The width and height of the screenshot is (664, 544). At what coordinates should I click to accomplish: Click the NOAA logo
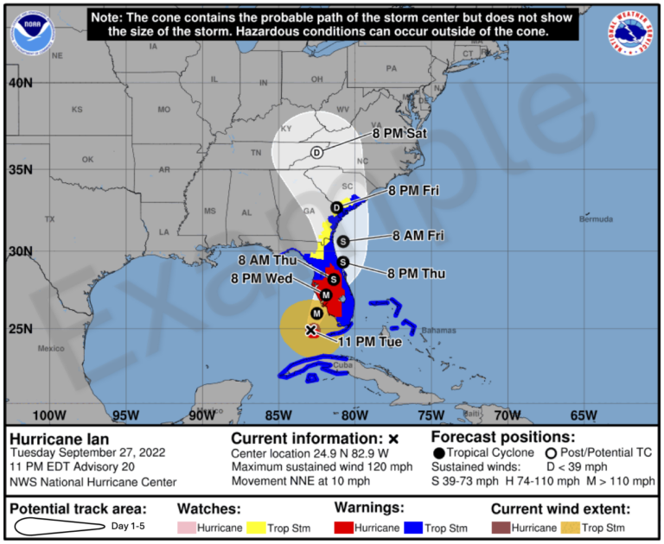tap(29, 30)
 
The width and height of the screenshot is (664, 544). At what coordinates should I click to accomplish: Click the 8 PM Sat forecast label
tap(399, 135)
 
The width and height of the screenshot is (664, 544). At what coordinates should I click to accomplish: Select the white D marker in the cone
tap(316, 153)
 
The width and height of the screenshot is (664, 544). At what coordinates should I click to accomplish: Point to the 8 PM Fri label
tap(414, 190)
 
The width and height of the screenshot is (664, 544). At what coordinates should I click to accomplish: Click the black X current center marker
tap(311, 330)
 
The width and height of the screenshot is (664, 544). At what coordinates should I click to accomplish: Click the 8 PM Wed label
tap(261, 278)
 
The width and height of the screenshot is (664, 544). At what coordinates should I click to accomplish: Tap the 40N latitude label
tap(20, 83)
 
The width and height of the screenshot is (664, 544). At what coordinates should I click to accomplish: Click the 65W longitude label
tap(584, 414)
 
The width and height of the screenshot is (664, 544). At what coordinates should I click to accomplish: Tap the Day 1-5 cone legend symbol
tap(57, 527)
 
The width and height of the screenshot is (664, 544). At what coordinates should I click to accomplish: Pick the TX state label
tap(49, 219)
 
